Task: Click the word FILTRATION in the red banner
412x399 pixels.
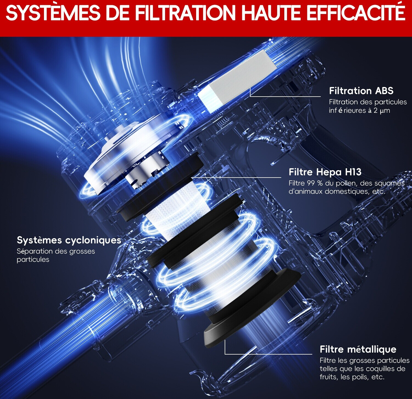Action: click(185, 13)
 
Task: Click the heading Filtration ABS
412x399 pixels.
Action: click(361, 91)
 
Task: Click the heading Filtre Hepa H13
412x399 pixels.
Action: click(325, 172)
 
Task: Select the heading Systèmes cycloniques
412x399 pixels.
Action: click(69, 240)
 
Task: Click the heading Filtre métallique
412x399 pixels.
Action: click(358, 349)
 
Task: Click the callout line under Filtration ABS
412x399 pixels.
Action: click(285, 96)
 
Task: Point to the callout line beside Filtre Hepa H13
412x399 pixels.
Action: click(236, 177)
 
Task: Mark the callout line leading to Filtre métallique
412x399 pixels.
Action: click(269, 354)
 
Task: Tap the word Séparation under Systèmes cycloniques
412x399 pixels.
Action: click(34, 252)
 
